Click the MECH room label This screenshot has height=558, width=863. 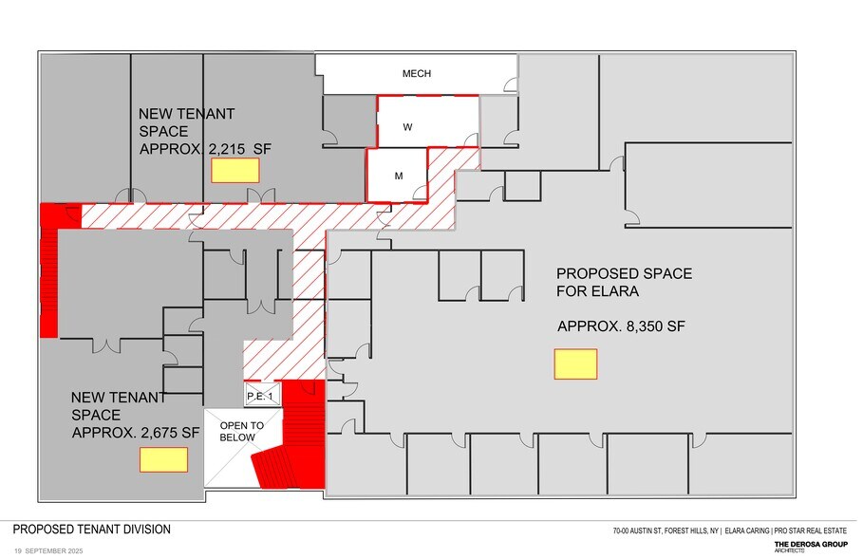[x=416, y=74]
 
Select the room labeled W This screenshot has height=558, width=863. [x=406, y=125]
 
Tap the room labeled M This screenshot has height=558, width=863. [x=399, y=176]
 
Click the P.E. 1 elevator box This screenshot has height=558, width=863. [x=259, y=396]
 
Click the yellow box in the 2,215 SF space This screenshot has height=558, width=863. [x=235, y=171]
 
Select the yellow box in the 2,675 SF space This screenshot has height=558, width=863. [x=163, y=459]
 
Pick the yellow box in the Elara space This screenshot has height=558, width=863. [x=575, y=363]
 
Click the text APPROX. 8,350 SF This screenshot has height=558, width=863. [x=621, y=326]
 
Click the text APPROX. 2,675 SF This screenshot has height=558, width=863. [x=136, y=432]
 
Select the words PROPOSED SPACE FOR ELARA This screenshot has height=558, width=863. [x=624, y=282]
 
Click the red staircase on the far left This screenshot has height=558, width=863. [x=48, y=270]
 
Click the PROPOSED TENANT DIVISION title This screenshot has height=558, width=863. [x=91, y=530]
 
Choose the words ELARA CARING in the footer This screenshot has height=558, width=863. [x=747, y=531]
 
